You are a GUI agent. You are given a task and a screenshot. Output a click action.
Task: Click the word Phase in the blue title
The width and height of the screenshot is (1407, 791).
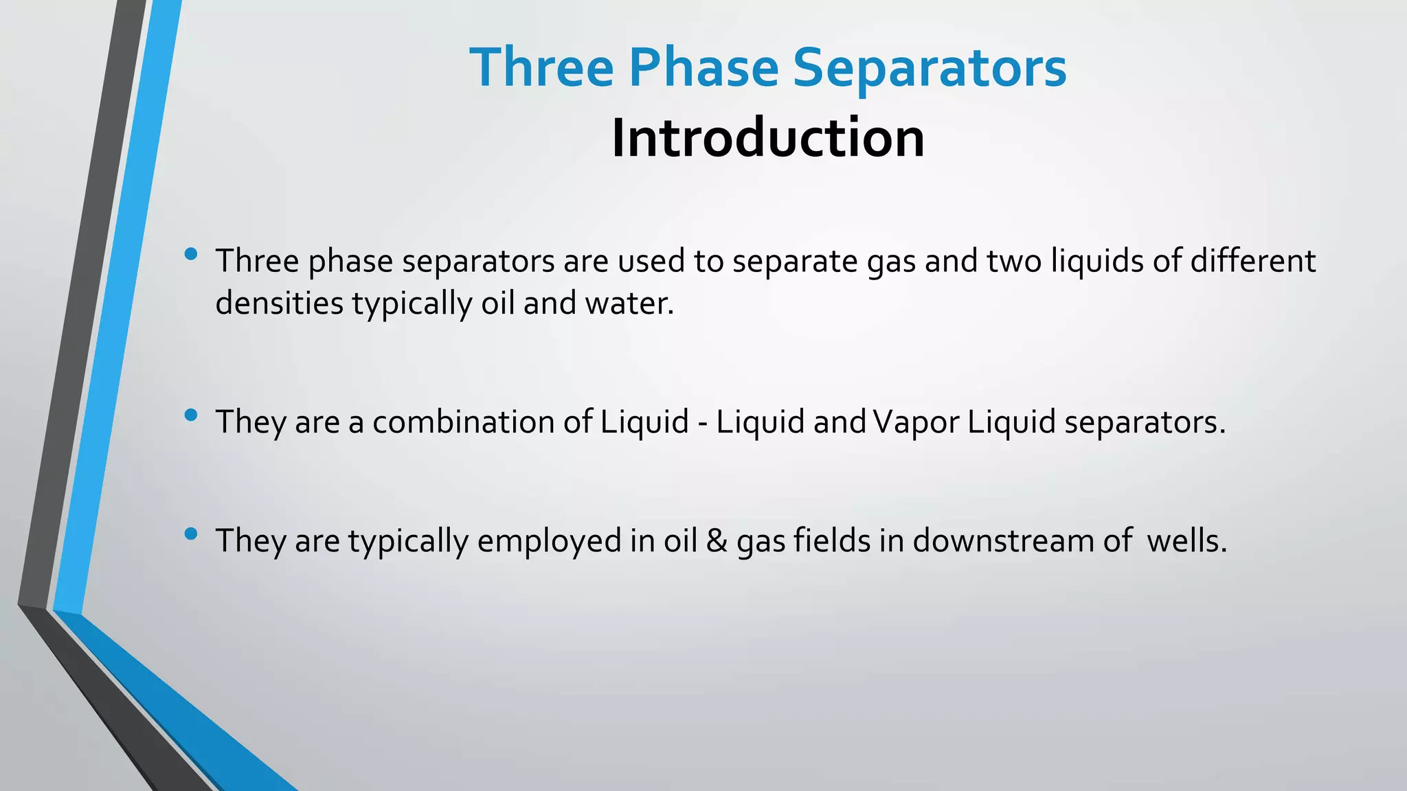tap(703, 68)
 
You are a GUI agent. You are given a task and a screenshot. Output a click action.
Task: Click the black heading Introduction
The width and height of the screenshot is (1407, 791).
tap(767, 138)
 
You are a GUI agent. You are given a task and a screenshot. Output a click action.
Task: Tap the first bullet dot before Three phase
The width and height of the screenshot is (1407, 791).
tap(191, 254)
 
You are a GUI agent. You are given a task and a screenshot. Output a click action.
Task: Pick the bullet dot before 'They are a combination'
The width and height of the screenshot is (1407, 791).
tap(191, 415)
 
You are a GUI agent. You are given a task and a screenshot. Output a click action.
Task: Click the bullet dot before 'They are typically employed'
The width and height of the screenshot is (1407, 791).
tap(191, 534)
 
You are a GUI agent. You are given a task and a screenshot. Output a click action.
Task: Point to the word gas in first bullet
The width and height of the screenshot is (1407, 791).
tap(891, 262)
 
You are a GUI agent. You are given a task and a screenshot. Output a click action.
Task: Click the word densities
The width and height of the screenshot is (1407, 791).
tap(279, 303)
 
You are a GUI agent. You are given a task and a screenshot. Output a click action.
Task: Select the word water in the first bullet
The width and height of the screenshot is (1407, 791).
tap(629, 303)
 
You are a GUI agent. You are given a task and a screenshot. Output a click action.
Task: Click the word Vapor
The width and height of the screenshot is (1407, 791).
tap(916, 422)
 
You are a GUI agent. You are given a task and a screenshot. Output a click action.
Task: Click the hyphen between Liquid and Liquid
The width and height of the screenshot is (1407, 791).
tap(702, 423)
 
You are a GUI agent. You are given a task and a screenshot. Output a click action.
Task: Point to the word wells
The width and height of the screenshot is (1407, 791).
tap(1186, 540)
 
